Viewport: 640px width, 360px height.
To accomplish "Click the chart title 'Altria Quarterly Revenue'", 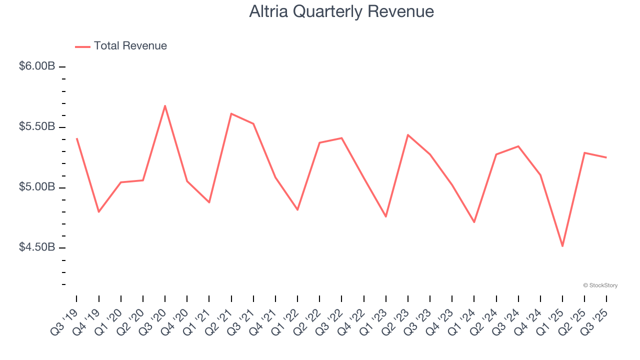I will (x=341, y=11).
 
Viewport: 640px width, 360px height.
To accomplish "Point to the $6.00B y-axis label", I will (x=37, y=66).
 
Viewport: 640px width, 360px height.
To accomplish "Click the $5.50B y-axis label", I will (x=37, y=126).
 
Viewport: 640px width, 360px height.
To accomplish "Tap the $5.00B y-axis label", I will (x=37, y=187).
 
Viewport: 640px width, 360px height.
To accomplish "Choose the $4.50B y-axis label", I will (x=37, y=247).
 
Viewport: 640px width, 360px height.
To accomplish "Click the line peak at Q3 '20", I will (x=165, y=105).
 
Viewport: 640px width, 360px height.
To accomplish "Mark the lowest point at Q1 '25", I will (x=562, y=246).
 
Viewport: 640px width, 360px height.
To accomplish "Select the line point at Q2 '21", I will (x=231, y=113).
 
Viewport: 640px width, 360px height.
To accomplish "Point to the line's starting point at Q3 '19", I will (x=76, y=138).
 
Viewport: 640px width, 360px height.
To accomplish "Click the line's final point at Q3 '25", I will (x=606, y=157).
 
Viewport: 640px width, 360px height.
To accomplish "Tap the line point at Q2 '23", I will (x=408, y=134).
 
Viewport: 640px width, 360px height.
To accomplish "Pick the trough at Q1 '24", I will (x=474, y=222).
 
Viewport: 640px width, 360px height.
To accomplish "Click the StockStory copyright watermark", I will (x=600, y=285).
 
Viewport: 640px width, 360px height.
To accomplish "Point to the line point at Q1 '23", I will (x=386, y=216).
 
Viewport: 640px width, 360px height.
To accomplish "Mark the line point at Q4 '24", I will (x=540, y=174).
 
